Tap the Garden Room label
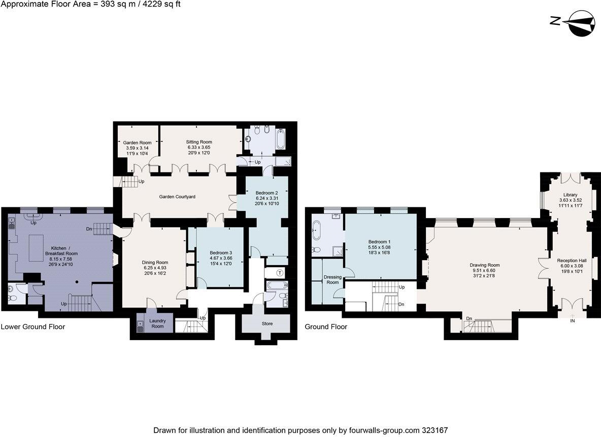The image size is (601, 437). [x=137, y=143]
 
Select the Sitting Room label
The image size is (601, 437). [x=199, y=142]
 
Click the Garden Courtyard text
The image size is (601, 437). [x=177, y=197]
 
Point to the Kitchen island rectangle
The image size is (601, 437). [x=36, y=247]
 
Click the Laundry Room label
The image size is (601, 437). [x=157, y=323]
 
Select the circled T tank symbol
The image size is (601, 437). [x=280, y=273]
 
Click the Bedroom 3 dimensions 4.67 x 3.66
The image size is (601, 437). [x=220, y=258]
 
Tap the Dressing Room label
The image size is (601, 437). [x=332, y=279]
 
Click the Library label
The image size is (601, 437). [x=570, y=195]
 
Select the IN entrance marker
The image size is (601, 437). [x=573, y=321]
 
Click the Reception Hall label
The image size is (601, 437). [x=572, y=260]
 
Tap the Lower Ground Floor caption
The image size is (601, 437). [x=33, y=327]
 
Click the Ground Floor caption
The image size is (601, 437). [x=326, y=327]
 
